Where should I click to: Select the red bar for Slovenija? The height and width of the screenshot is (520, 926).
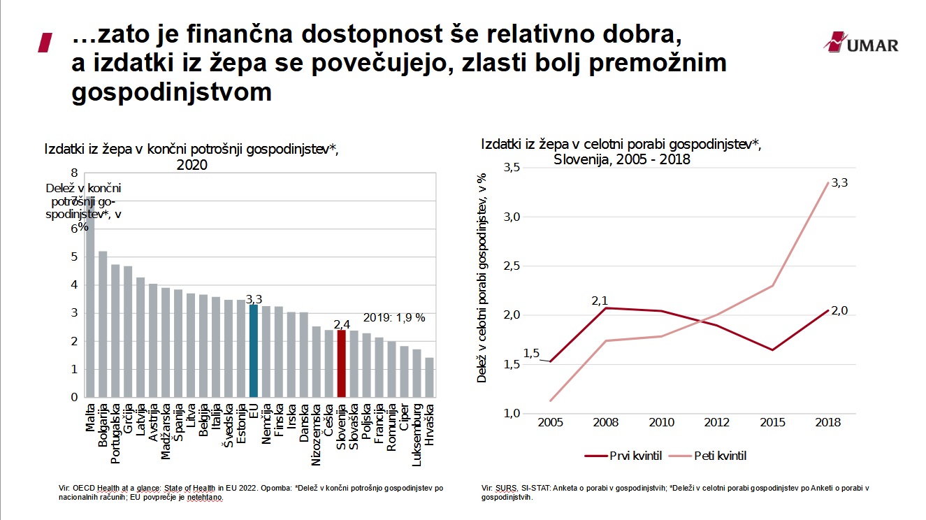(x=341, y=363)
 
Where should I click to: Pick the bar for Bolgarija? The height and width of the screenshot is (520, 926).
(x=103, y=324)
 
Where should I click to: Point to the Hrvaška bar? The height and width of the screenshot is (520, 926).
(x=429, y=377)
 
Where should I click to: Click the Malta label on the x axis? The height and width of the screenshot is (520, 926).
(x=91, y=417)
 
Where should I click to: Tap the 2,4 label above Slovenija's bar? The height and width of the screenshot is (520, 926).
(x=342, y=324)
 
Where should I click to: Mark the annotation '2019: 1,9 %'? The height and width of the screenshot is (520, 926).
(x=396, y=317)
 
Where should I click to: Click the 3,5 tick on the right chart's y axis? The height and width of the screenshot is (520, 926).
(x=512, y=167)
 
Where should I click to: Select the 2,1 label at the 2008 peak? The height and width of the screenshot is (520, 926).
(x=600, y=301)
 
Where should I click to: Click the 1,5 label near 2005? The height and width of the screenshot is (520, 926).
(x=531, y=354)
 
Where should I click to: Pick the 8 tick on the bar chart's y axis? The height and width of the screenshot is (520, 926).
(x=73, y=172)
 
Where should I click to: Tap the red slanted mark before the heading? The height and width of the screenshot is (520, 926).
(x=46, y=42)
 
